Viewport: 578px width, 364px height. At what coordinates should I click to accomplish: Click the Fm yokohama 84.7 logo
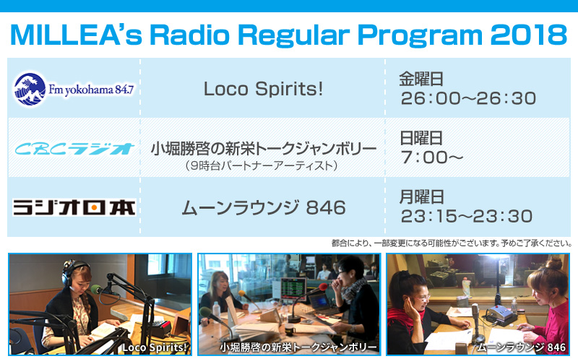(x=74, y=89)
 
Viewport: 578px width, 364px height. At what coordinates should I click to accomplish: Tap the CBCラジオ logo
(x=74, y=149)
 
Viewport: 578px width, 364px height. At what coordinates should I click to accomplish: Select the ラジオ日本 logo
(x=74, y=207)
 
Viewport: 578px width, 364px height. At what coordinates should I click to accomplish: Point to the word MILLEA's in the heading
(x=77, y=35)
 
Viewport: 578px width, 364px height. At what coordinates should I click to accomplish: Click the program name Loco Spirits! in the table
(x=263, y=89)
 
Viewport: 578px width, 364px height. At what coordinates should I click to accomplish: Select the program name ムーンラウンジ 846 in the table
(x=264, y=207)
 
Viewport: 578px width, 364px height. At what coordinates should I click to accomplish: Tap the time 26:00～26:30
(x=468, y=98)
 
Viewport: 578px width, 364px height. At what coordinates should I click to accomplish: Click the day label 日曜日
(x=421, y=138)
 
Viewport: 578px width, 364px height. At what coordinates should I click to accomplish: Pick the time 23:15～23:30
(x=467, y=216)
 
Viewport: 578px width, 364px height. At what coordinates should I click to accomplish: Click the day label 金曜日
(x=421, y=79)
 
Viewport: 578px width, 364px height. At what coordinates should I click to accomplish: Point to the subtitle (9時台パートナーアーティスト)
(x=262, y=165)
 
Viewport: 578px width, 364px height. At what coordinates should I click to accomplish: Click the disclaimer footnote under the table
(x=451, y=243)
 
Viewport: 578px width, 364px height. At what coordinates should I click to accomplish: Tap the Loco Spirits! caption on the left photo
(x=155, y=347)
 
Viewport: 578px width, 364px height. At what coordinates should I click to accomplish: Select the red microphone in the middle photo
(x=323, y=287)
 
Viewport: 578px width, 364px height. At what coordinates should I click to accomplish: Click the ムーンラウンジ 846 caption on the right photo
(x=521, y=347)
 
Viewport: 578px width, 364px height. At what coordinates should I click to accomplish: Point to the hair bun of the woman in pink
(x=553, y=263)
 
